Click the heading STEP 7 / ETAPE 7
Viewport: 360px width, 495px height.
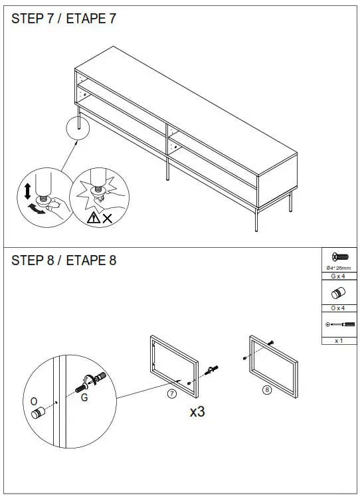coord(64,19)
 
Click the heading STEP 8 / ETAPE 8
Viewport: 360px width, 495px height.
coord(64,260)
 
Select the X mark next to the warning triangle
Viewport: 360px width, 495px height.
coord(107,217)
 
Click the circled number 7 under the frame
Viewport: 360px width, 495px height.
coord(171,393)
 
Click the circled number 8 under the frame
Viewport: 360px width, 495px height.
coord(266,390)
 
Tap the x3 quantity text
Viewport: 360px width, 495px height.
coord(197,412)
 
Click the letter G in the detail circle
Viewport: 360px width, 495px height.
coord(84,398)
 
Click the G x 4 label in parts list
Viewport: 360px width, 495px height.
coord(338,276)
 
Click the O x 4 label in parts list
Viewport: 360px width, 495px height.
coord(338,308)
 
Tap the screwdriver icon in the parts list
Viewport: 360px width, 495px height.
coord(338,325)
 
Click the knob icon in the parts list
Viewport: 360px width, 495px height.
coord(338,293)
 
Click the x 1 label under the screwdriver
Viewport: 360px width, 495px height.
coord(338,340)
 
